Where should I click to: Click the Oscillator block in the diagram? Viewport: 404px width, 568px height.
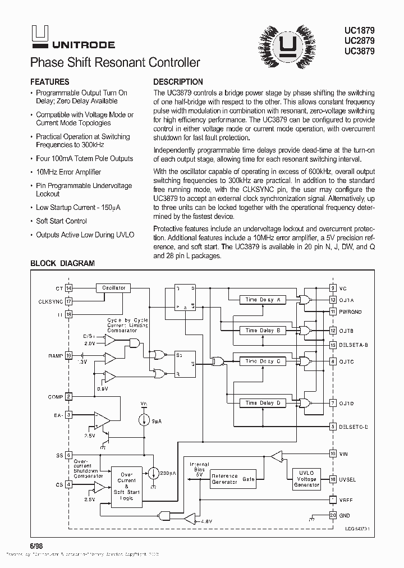[x=113, y=288]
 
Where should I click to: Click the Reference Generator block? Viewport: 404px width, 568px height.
[x=224, y=479]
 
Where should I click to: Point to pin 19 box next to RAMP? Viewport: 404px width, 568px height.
[x=69, y=356]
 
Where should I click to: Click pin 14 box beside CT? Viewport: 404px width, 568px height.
[x=69, y=288]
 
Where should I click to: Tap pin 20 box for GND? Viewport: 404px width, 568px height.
[x=333, y=515]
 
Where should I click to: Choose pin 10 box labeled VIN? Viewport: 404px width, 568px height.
[x=333, y=453]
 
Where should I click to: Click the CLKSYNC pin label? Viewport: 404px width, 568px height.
[x=50, y=301]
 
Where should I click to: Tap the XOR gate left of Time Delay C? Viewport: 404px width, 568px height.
[x=216, y=362]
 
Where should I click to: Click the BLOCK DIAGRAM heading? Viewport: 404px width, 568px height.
[x=62, y=263]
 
